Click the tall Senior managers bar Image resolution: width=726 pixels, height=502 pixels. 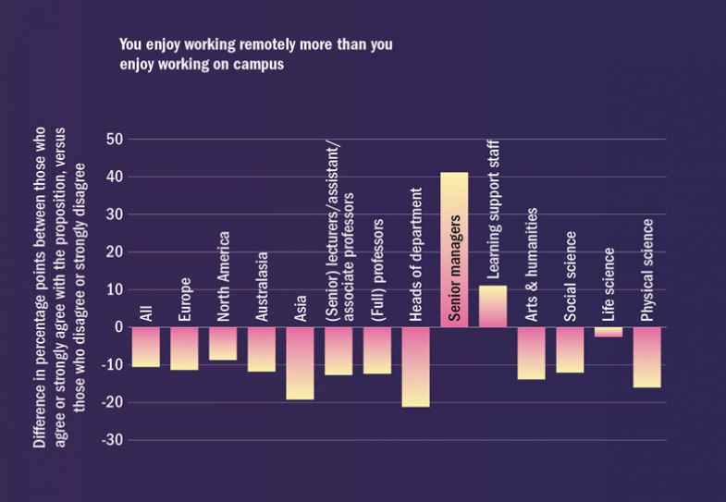pyautogui.click(x=454, y=250)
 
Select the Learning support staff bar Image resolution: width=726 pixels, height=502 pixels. pyautogui.click(x=493, y=306)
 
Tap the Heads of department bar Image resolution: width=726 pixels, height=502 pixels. pyautogui.click(x=415, y=366)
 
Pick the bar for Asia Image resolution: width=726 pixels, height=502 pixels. pyautogui.click(x=300, y=362)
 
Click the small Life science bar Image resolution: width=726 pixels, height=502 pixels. pyautogui.click(x=609, y=332)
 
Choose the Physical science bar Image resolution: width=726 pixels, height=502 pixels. pyautogui.click(x=647, y=357)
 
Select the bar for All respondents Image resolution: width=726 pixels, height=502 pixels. pyautogui.click(x=145, y=347)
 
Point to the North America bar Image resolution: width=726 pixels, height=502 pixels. pyautogui.click(x=223, y=343)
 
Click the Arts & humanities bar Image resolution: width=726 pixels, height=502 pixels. pyautogui.click(x=531, y=353)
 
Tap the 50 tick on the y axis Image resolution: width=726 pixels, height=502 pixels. pyautogui.click(x=116, y=140)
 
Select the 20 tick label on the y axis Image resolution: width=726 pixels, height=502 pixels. pyautogui.click(x=116, y=251)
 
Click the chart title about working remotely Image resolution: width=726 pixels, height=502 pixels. pyautogui.click(x=261, y=55)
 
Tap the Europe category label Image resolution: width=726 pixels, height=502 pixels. pyautogui.click(x=185, y=299)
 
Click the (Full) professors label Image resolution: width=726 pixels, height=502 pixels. pyautogui.click(x=377, y=271)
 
